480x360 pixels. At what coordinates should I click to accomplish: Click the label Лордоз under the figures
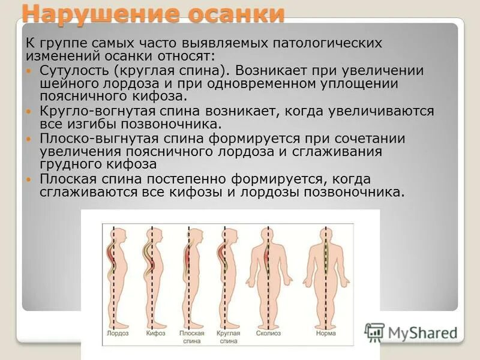(x=118, y=333)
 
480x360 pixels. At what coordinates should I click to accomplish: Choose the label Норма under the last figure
(x=325, y=333)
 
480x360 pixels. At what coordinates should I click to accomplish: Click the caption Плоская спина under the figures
(x=191, y=337)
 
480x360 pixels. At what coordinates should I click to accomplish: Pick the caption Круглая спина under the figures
(x=228, y=337)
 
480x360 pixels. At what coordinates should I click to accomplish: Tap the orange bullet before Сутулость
(x=31, y=71)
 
